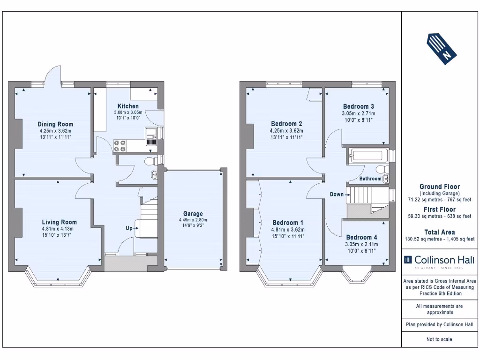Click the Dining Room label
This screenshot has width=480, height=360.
pyautogui.click(x=55, y=124)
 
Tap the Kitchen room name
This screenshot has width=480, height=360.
pyautogui.click(x=128, y=106)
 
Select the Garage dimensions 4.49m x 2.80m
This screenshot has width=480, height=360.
pyautogui.click(x=193, y=220)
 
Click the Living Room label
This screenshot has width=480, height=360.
pyautogui.click(x=60, y=222)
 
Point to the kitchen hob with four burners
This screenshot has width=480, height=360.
pyautogui.click(x=120, y=146)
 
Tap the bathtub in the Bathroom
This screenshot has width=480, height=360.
pyautogui.click(x=369, y=156)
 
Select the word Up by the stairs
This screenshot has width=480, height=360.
pyautogui.click(x=129, y=228)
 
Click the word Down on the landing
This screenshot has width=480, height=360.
pyautogui.click(x=337, y=195)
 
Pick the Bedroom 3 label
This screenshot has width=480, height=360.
pyautogui.click(x=359, y=106)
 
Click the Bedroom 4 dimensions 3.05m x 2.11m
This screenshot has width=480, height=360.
pyautogui.click(x=361, y=244)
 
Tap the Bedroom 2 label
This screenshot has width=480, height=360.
pyautogui.click(x=286, y=124)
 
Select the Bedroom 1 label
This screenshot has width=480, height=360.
pyautogui.click(x=288, y=223)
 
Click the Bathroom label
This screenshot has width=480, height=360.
pyautogui.click(x=370, y=179)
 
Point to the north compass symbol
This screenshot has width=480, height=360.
pyautogui.click(x=442, y=49)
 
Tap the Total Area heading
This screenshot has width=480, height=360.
pyautogui.click(x=440, y=232)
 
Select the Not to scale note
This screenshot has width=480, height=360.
pyautogui.click(x=439, y=339)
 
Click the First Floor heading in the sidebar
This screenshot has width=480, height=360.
pyautogui.click(x=440, y=210)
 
